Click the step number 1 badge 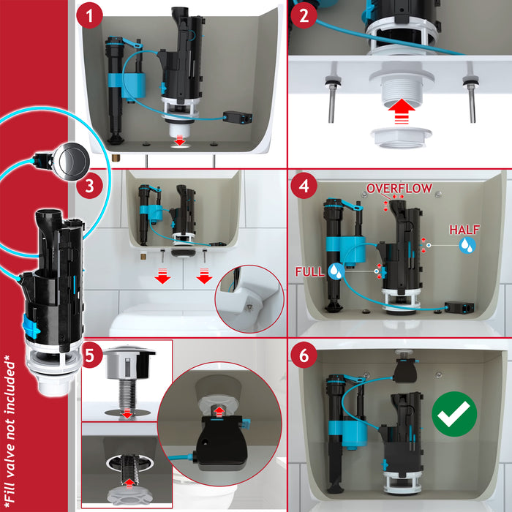coord(89,15)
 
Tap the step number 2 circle coord(304,15)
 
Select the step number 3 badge coord(89,186)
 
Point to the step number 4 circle coord(304,186)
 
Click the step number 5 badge coord(89,355)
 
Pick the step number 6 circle coord(304,355)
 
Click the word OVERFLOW coord(399,189)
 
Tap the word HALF coord(464,230)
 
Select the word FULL coord(309,271)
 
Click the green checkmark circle coord(454,414)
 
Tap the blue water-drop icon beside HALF coord(467,245)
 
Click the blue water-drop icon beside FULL coord(336,271)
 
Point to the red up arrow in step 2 coord(402,111)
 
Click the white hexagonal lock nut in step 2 coord(402,138)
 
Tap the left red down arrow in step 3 coord(162,276)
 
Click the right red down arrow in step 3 coord(204,276)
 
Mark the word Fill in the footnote coord(10,486)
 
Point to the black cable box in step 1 coord(238,118)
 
